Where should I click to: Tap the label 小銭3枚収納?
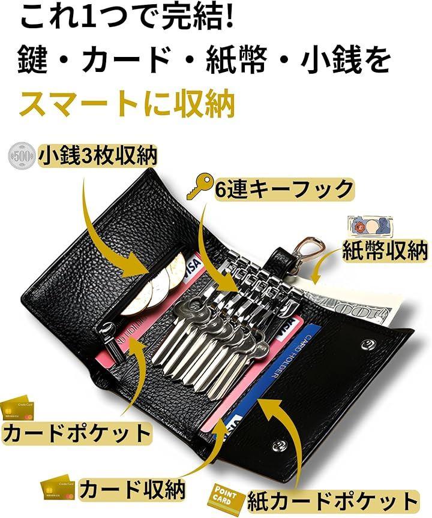(x=98, y=156)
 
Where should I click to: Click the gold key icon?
(x=198, y=186)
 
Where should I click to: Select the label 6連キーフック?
(x=283, y=190)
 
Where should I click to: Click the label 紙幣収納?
(x=385, y=252)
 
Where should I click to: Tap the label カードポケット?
(x=76, y=433)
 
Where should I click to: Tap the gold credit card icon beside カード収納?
(x=58, y=489)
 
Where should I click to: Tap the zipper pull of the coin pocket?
(x=109, y=328)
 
